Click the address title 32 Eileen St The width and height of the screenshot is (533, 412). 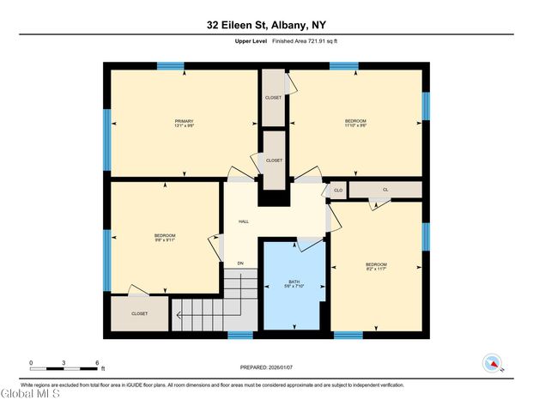[266, 25]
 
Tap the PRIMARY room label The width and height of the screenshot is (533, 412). [185, 121]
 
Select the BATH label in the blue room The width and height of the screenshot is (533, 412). [294, 282]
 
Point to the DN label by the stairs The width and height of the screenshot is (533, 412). [240, 263]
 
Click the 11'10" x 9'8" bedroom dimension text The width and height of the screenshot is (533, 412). [355, 125]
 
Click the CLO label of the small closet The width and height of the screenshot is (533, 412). [338, 190]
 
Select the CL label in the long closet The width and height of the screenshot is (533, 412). [385, 190]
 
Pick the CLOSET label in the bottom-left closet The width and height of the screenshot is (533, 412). [139, 313]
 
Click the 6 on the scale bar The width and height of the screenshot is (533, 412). [97, 363]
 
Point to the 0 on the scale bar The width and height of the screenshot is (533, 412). [31, 363]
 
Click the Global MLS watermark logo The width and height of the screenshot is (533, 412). [31, 396]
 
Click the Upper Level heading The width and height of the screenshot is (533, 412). [250, 41]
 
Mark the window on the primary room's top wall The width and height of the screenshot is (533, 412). [170, 65]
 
